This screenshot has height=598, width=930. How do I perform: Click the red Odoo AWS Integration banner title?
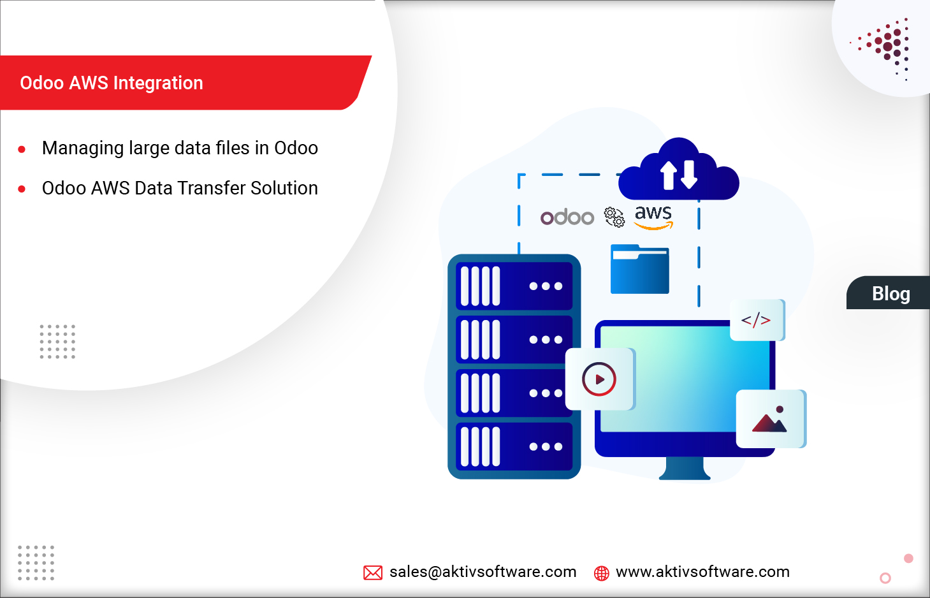pos(112,83)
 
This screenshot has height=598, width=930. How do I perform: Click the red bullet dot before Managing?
pos(22,150)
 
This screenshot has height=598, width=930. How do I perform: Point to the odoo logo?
pos(567,217)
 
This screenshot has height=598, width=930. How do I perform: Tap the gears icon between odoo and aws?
pos(614,217)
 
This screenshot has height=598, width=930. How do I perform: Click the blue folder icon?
pos(639,270)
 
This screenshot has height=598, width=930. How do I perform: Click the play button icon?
pos(599,379)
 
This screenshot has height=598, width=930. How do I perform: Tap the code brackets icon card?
pos(757,320)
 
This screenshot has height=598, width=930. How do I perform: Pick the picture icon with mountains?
pos(770,419)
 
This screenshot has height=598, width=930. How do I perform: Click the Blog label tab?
pos(890,293)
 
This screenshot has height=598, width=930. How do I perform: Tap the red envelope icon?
pos(373,572)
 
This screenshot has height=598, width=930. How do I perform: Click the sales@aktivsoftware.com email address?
pos(483,572)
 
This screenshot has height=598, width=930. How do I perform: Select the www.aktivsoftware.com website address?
pos(702,572)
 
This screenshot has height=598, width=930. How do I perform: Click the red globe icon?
pos(601,573)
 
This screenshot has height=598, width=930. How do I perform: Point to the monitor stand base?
pos(685,472)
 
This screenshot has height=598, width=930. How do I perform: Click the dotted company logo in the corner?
pos(886,46)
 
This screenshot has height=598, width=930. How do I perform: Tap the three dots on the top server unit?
pos(546,286)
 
